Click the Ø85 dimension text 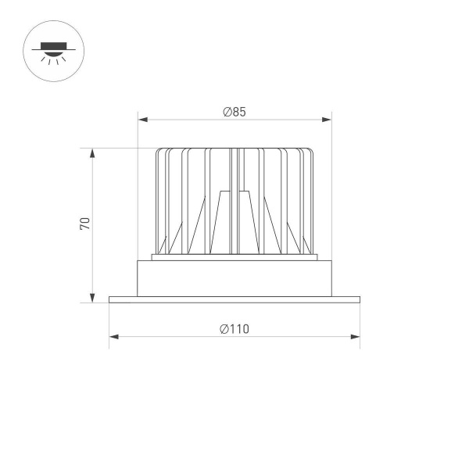tap(234, 112)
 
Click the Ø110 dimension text tap(234, 329)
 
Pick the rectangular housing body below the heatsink tap(234, 278)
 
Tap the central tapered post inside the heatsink tap(234, 223)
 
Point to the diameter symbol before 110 tap(224, 329)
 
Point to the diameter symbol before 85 tap(226, 112)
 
